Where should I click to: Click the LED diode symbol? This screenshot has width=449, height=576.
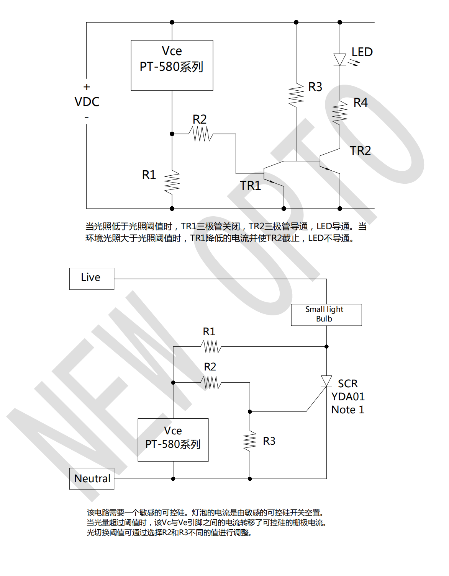click(340, 60)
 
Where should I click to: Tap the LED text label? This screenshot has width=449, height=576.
click(362, 52)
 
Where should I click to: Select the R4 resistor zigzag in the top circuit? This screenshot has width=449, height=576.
click(340, 112)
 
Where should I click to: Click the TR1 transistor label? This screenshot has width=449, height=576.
click(251, 186)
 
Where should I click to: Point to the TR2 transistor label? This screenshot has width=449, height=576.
click(360, 151)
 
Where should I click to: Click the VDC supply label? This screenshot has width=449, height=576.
click(87, 102)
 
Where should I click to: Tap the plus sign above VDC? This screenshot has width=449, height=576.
click(87, 87)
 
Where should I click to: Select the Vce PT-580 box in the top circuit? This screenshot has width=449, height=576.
click(172, 65)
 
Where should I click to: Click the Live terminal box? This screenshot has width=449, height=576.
click(92, 279)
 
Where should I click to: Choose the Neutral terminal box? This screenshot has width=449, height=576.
click(92, 478)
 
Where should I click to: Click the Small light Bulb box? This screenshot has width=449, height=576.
click(326, 315)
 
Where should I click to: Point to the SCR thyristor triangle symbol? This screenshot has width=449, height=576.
click(326, 381)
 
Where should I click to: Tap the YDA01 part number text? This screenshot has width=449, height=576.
click(348, 397)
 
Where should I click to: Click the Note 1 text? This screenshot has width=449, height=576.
click(348, 410)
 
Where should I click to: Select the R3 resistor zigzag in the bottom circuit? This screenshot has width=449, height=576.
click(250, 441)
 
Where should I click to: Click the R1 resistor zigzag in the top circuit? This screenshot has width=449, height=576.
click(172, 183)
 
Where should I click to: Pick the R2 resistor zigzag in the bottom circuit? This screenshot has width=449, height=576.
click(211, 382)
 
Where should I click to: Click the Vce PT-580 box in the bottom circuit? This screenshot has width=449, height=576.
click(173, 440)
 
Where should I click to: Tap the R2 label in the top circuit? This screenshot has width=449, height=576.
click(200, 119)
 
